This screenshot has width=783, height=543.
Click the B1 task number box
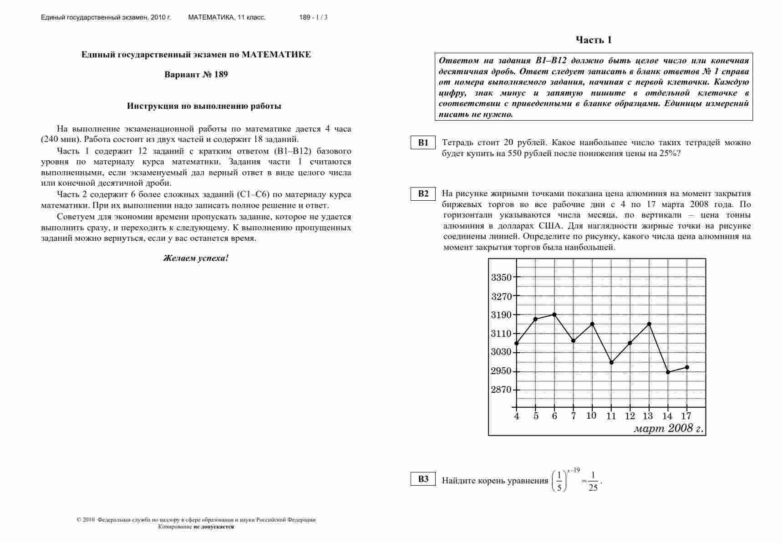pos(423,142)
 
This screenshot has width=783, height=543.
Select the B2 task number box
pos(423,193)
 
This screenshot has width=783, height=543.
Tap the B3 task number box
pos(423,479)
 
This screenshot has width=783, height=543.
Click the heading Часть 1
pos(594,40)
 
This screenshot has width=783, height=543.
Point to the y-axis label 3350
pos(501,277)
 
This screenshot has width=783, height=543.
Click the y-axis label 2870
pos(501,390)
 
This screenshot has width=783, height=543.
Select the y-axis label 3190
pos(501,315)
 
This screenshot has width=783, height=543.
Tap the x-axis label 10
pos(591,416)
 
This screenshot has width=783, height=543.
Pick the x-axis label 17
pos(686,416)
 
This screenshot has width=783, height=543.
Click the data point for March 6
pos(554,315)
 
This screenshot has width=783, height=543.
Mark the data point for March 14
pos(668,372)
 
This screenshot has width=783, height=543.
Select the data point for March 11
pos(611,363)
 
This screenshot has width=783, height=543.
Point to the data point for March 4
pos(516,343)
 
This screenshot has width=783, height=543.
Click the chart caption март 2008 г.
pos(668,428)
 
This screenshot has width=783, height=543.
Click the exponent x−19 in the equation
pos(574,471)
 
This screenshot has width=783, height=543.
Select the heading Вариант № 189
pos(196,75)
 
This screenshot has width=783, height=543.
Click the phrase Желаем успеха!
pos(196,258)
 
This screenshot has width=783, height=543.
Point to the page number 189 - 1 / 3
pos(313,17)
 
